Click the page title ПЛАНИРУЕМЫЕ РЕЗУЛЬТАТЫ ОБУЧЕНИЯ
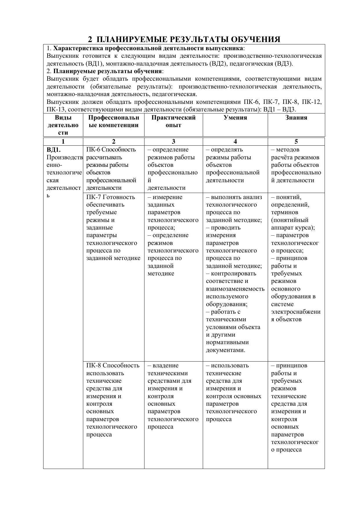tap(188, 39)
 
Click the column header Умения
tap(235, 118)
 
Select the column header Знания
tap(296, 118)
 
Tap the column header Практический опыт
tap(173, 121)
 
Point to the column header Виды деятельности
tap(63, 125)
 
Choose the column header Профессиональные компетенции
tap(113, 121)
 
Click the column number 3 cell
tap(173, 142)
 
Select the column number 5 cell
tap(296, 142)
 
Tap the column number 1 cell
tap(63, 142)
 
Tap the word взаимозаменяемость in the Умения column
tap(235, 289)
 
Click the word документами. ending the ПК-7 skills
tap(225, 350)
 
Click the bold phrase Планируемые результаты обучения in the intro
tap(107, 71)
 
